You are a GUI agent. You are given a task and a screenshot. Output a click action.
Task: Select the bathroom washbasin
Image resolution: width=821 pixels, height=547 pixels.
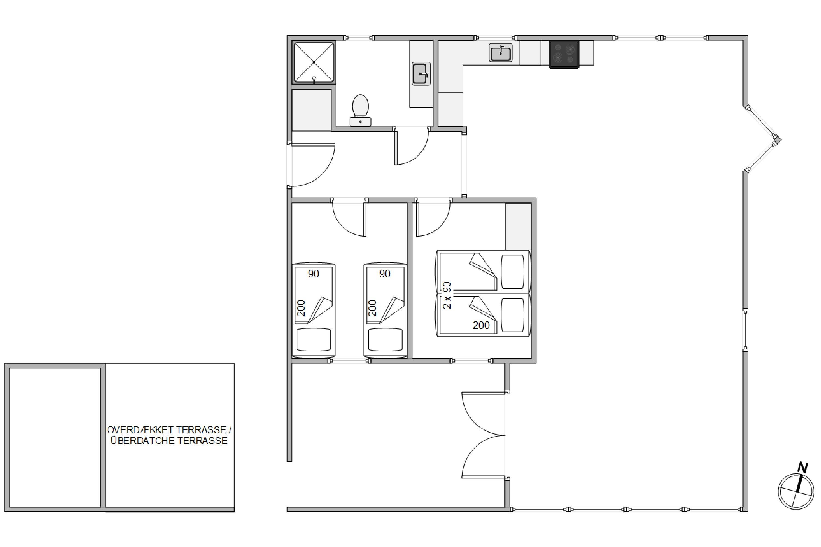(421, 74)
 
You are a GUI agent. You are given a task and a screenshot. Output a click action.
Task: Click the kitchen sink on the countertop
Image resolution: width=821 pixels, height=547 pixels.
(501, 53)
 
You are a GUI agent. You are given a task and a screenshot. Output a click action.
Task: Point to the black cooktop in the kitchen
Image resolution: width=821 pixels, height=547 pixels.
(564, 54)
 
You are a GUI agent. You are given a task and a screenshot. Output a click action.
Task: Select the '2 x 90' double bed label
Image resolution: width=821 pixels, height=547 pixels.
(447, 295)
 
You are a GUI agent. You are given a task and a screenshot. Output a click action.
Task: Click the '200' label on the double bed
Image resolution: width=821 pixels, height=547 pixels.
(481, 325)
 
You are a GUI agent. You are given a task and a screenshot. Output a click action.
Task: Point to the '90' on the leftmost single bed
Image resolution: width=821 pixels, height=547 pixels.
(314, 274)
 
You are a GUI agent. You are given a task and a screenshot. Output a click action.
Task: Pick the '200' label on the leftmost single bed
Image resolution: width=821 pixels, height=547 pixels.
(301, 308)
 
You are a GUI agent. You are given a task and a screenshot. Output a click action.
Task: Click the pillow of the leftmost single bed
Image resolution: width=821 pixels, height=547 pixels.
(314, 340)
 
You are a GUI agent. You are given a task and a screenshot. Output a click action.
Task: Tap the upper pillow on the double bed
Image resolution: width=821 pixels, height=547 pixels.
(512, 272)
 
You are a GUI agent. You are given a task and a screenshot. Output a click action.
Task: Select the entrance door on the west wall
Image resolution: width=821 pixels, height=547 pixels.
(311, 165)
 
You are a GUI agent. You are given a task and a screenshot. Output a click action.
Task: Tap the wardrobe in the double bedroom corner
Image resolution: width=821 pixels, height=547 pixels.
(518, 226)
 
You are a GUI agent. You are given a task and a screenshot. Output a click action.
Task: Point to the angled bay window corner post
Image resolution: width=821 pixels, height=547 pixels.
(777, 140)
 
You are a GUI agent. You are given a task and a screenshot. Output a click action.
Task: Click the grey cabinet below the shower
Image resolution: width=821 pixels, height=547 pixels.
(311, 110)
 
